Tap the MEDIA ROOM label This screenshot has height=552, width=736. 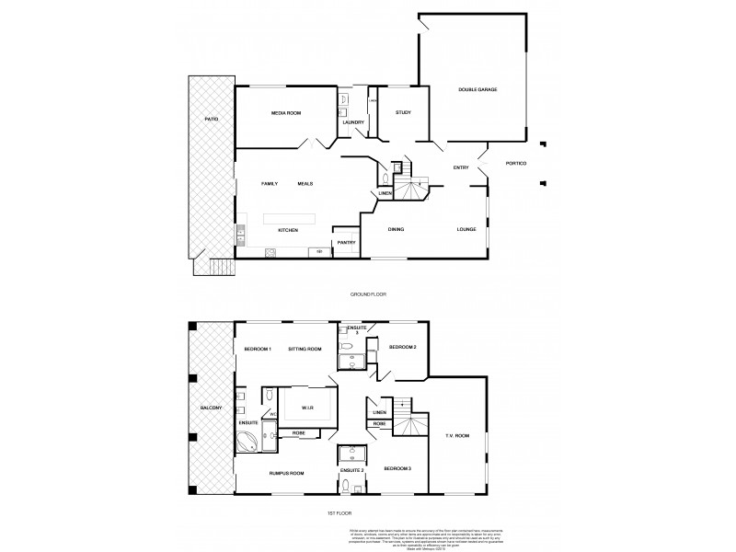(286, 112)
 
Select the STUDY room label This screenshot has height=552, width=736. (403, 112)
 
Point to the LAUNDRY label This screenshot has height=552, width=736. (354, 122)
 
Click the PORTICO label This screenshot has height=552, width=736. (516, 164)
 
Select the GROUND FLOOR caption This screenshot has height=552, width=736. (368, 293)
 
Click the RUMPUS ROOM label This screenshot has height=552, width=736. (286, 473)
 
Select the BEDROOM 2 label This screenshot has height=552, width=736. (403, 348)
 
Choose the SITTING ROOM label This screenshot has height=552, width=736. (305, 350)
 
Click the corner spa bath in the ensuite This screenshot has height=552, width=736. (247, 443)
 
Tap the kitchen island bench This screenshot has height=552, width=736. (290, 218)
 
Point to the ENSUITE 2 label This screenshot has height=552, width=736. (353, 471)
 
